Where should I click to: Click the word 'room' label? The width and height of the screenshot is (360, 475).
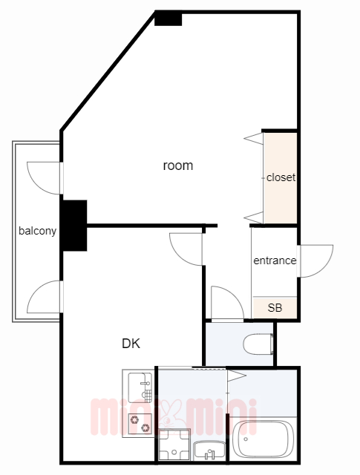pos(177,166)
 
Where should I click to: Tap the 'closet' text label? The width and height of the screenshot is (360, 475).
pos(281,178)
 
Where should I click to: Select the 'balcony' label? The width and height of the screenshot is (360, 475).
pos(37,231)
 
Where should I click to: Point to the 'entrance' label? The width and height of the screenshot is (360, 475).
pos(275,261)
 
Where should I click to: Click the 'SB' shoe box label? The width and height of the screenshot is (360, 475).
pos(275,307)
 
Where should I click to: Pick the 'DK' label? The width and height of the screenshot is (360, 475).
pos(131,344)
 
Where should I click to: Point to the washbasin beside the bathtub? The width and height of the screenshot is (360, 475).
pos(209,448)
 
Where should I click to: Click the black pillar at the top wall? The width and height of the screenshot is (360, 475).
pos(168,18)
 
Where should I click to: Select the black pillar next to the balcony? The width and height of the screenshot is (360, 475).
pos(74,226)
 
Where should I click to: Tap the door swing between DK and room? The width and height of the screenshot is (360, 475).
pos(186,249)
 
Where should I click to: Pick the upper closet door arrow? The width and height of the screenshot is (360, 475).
pos(253,137)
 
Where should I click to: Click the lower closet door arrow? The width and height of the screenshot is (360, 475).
pos(253,217)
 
